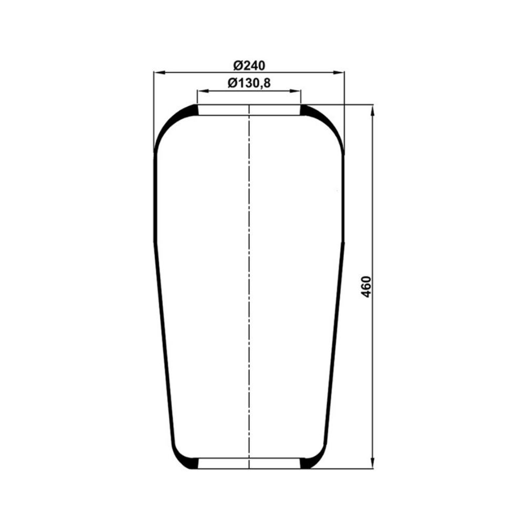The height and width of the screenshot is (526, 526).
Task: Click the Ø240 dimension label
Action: pyautogui.click(x=249, y=65)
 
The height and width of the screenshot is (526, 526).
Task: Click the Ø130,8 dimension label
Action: pyautogui.click(x=249, y=83)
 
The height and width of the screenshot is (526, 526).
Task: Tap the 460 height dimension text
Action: pyautogui.click(x=366, y=287)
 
